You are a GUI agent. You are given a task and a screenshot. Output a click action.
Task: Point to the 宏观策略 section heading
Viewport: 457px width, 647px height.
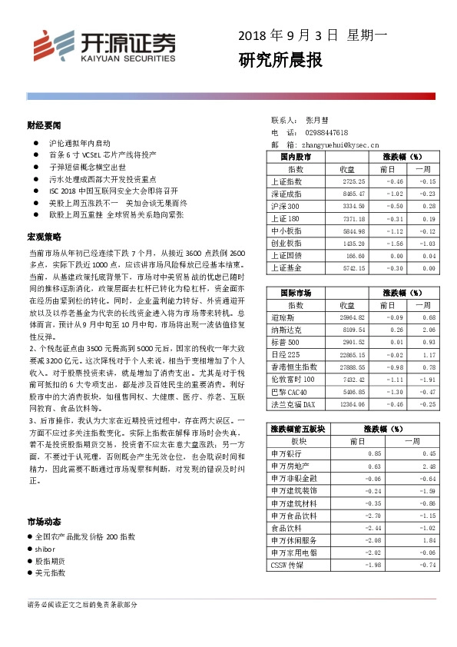coord(44,236)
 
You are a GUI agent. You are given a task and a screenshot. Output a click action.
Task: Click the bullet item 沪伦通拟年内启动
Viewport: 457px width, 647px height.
coord(80,144)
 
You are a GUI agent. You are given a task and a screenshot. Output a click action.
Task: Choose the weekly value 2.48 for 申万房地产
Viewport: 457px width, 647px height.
coord(428,466)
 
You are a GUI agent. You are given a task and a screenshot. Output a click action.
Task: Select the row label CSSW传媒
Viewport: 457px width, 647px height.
coord(287,566)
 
